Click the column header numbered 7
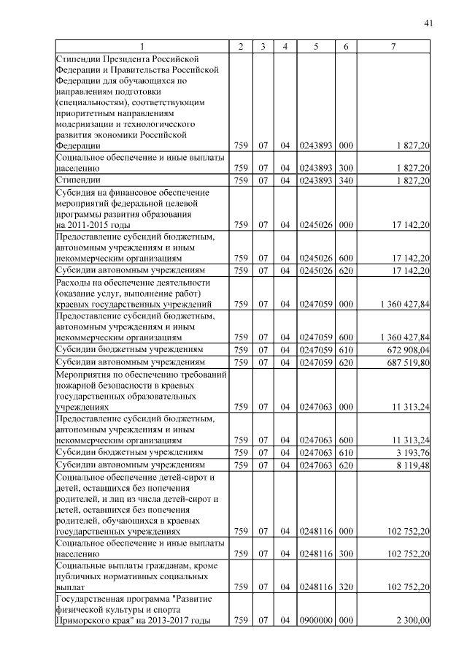pos(394,47)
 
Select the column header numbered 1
pos(142,47)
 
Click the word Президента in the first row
pos(128,58)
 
